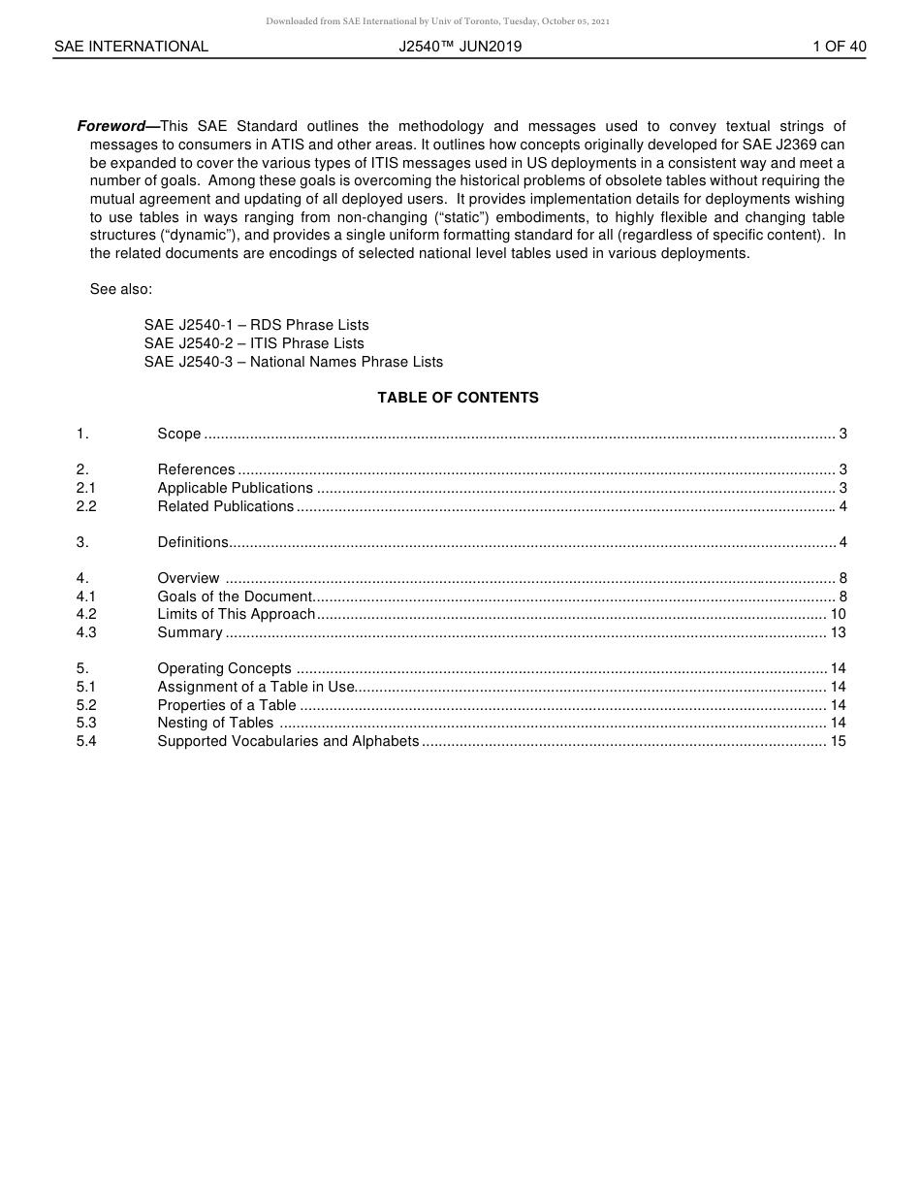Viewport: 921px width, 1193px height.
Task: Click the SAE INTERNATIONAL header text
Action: (x=131, y=47)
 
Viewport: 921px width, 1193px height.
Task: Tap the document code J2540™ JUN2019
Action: (x=460, y=47)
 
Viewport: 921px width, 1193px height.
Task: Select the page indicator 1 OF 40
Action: (x=839, y=47)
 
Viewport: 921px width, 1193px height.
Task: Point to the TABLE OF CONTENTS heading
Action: (x=458, y=398)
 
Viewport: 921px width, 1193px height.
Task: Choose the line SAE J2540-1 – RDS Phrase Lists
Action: (x=256, y=325)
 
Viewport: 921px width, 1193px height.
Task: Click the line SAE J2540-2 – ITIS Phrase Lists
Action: (x=254, y=343)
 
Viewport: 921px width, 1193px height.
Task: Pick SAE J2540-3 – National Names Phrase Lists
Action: (x=293, y=362)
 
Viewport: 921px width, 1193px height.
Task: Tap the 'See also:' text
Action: (x=121, y=289)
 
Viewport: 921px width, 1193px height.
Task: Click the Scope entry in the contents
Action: (x=179, y=434)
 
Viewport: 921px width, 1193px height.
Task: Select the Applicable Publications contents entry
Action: (x=235, y=488)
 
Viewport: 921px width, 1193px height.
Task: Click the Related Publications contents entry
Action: (x=225, y=506)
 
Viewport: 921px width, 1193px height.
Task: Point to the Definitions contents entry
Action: (x=193, y=542)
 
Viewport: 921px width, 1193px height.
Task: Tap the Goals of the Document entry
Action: (x=235, y=596)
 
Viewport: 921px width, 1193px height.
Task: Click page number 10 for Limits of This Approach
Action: (x=838, y=614)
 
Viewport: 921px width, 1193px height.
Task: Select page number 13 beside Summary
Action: (x=838, y=632)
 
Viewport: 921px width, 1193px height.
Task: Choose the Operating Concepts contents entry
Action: (x=224, y=668)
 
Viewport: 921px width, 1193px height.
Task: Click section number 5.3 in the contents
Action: (x=86, y=723)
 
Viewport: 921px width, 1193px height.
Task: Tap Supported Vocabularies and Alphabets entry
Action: (x=288, y=741)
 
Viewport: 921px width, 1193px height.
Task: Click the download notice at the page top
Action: (x=437, y=21)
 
